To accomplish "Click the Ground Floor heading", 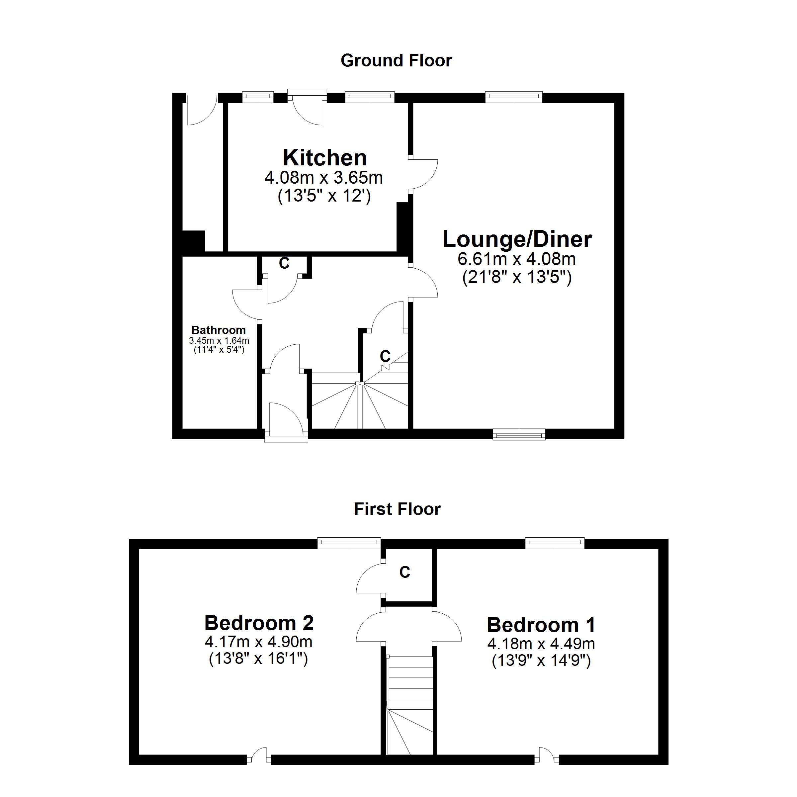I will coord(396,61).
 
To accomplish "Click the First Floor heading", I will coord(397,509).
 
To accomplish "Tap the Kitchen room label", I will coord(325,158).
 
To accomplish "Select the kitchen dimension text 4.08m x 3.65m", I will coord(323,178).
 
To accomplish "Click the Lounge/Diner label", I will coord(517,239).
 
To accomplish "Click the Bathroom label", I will coord(218,330).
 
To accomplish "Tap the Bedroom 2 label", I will coord(259,623).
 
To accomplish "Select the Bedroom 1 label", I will coord(541,625).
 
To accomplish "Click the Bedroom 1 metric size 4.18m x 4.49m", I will coord(541,644).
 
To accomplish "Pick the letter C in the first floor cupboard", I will coord(405,572).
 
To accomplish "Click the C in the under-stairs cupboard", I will coord(385,356).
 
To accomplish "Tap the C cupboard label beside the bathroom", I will coord(284,263).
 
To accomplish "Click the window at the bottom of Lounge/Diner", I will coord(519,434).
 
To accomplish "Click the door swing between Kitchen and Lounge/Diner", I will coord(423,174).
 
